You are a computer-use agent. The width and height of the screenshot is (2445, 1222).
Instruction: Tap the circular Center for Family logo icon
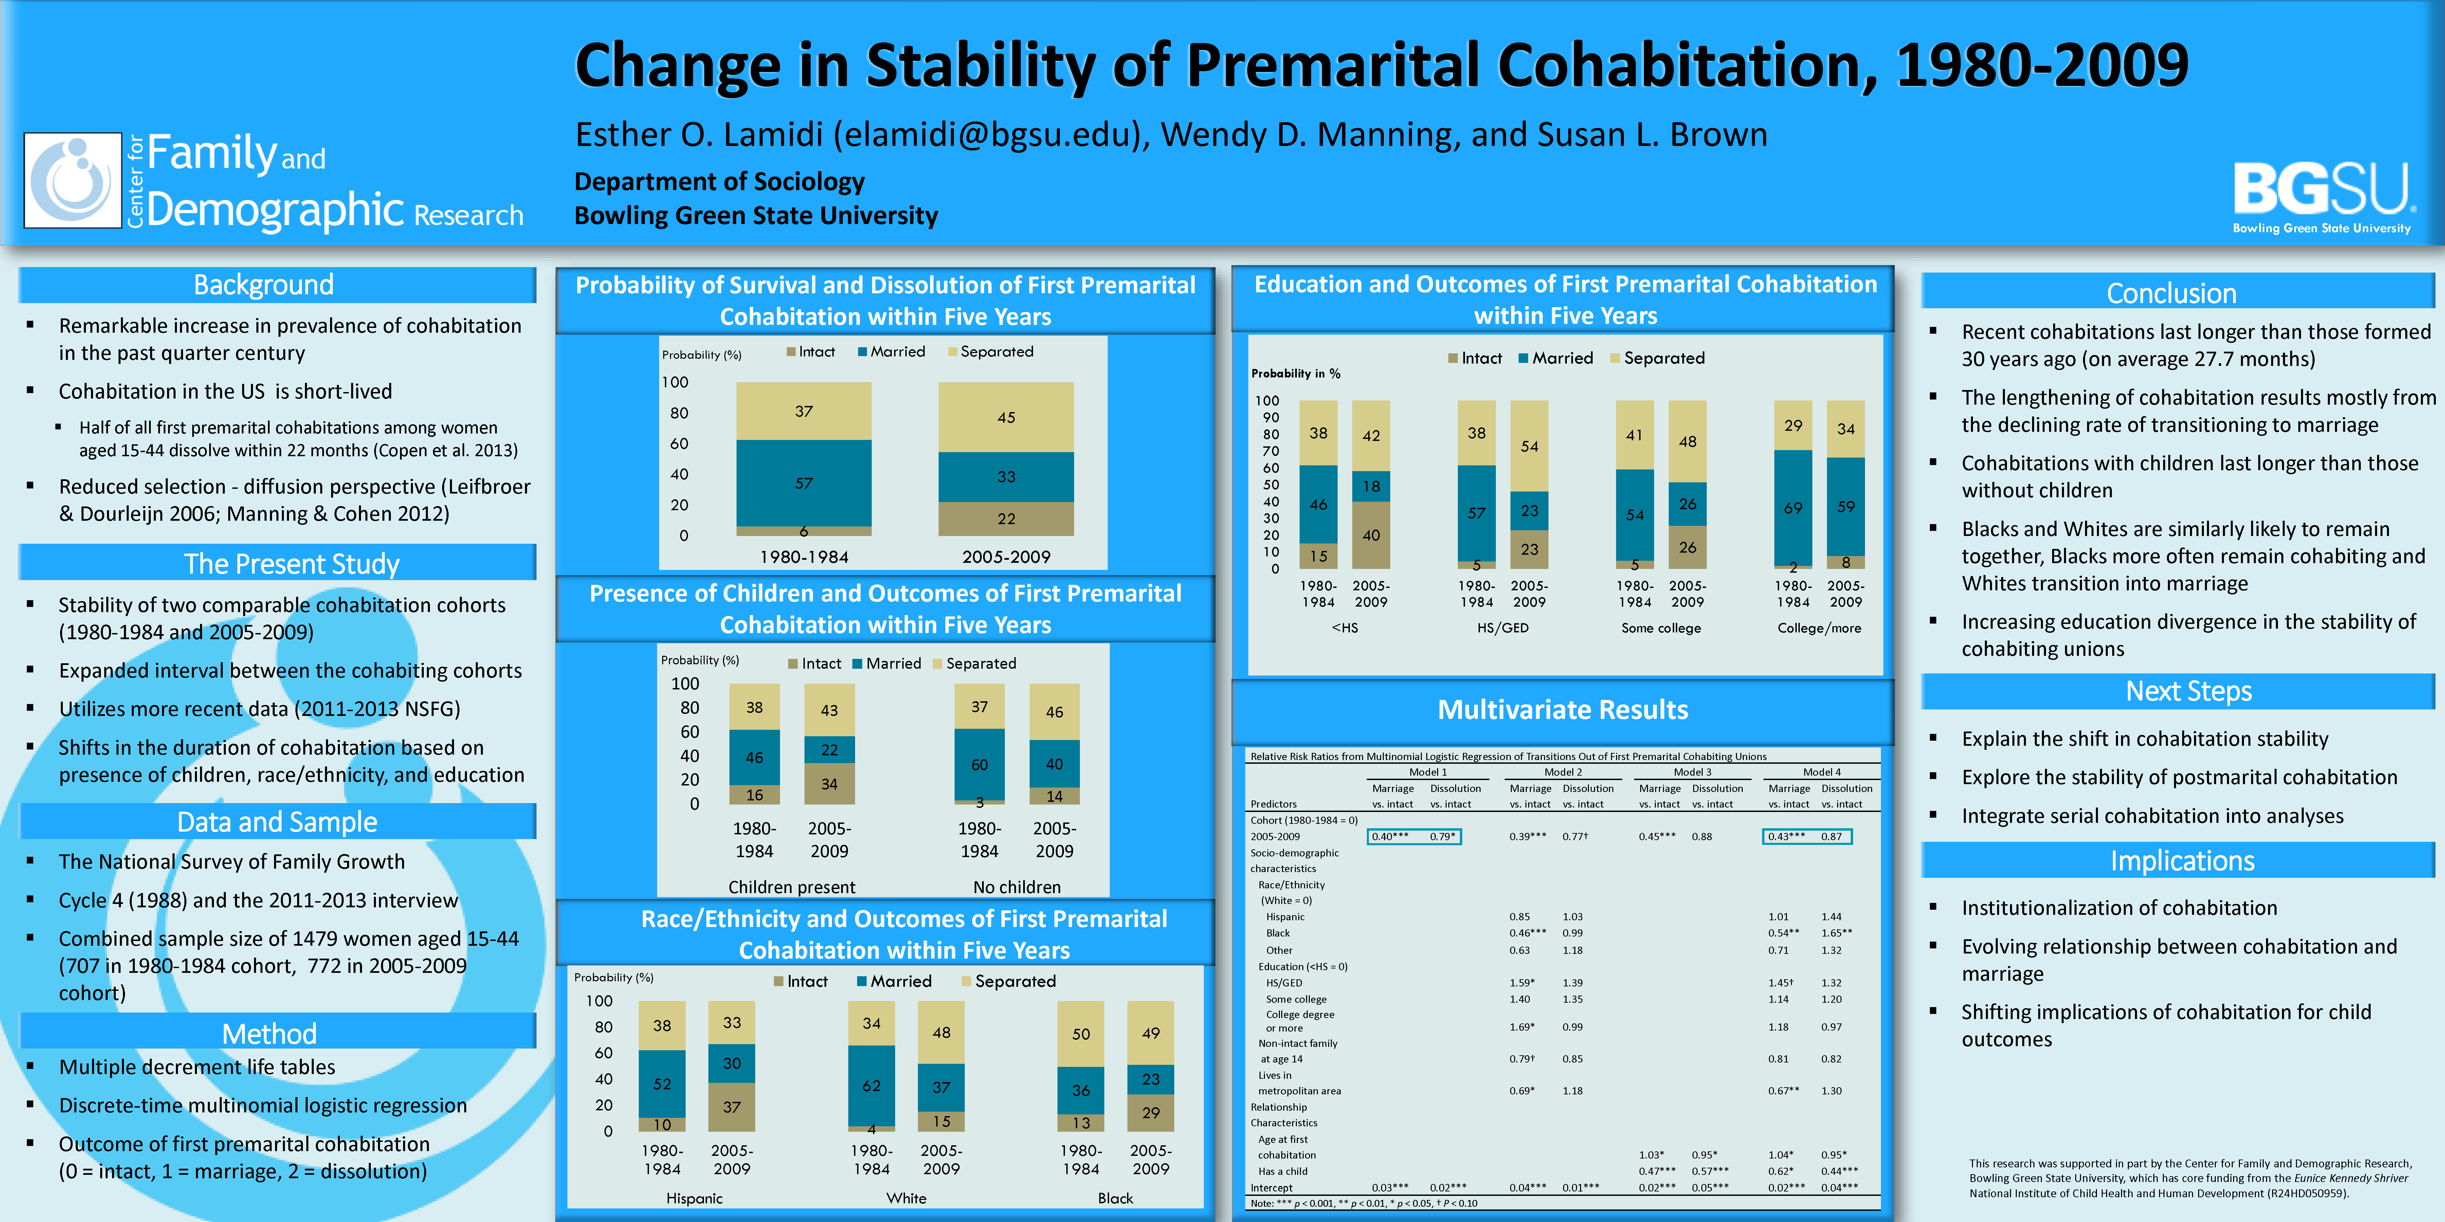coord(73,180)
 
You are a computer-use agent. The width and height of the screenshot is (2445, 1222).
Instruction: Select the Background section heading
coord(264,285)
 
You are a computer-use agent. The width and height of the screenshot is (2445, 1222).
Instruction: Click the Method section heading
coord(270,1033)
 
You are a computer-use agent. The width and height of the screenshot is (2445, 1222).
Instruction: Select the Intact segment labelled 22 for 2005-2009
coord(1006,519)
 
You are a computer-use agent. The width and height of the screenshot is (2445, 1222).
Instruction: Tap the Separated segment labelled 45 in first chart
coord(1006,418)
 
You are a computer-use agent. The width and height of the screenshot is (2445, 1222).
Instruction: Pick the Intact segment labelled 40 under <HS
coord(1371,535)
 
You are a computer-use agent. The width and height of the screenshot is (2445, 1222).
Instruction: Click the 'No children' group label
coord(1016,887)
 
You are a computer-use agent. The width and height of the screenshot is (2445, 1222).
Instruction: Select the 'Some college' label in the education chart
coord(1661,628)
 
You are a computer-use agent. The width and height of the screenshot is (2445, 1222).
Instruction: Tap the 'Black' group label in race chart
coord(1115,1198)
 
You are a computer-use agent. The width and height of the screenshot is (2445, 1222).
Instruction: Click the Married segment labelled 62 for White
coord(871,1086)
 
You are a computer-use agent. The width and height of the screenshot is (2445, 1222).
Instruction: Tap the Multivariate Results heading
coord(1562,710)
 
